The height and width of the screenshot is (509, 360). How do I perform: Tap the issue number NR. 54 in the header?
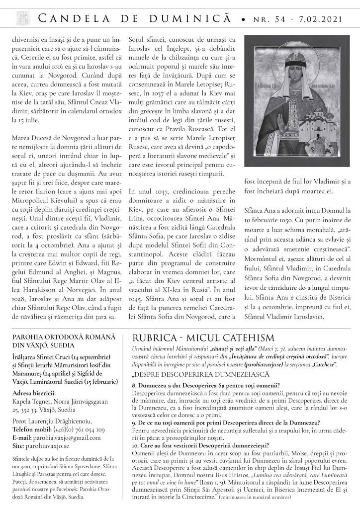click(x=268, y=18)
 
